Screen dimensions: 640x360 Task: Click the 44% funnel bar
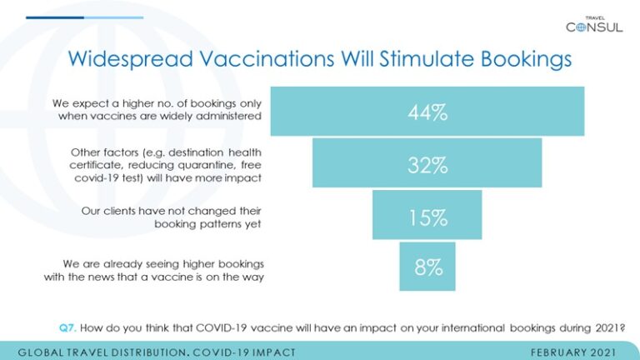point(427,111)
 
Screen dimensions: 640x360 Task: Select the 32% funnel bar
point(427,162)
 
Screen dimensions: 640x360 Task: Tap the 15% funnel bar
point(427,215)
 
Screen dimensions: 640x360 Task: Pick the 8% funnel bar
point(427,267)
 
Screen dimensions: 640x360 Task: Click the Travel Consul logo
point(594,25)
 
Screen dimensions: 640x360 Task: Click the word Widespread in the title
point(131,58)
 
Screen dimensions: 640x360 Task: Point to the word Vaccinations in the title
point(267,58)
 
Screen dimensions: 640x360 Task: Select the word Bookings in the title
point(526,59)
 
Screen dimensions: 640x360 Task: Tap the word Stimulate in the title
point(427,58)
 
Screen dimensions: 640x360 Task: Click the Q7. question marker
point(67,327)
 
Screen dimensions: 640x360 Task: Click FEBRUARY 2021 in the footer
point(573,352)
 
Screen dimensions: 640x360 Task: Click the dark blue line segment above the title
point(55,17)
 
